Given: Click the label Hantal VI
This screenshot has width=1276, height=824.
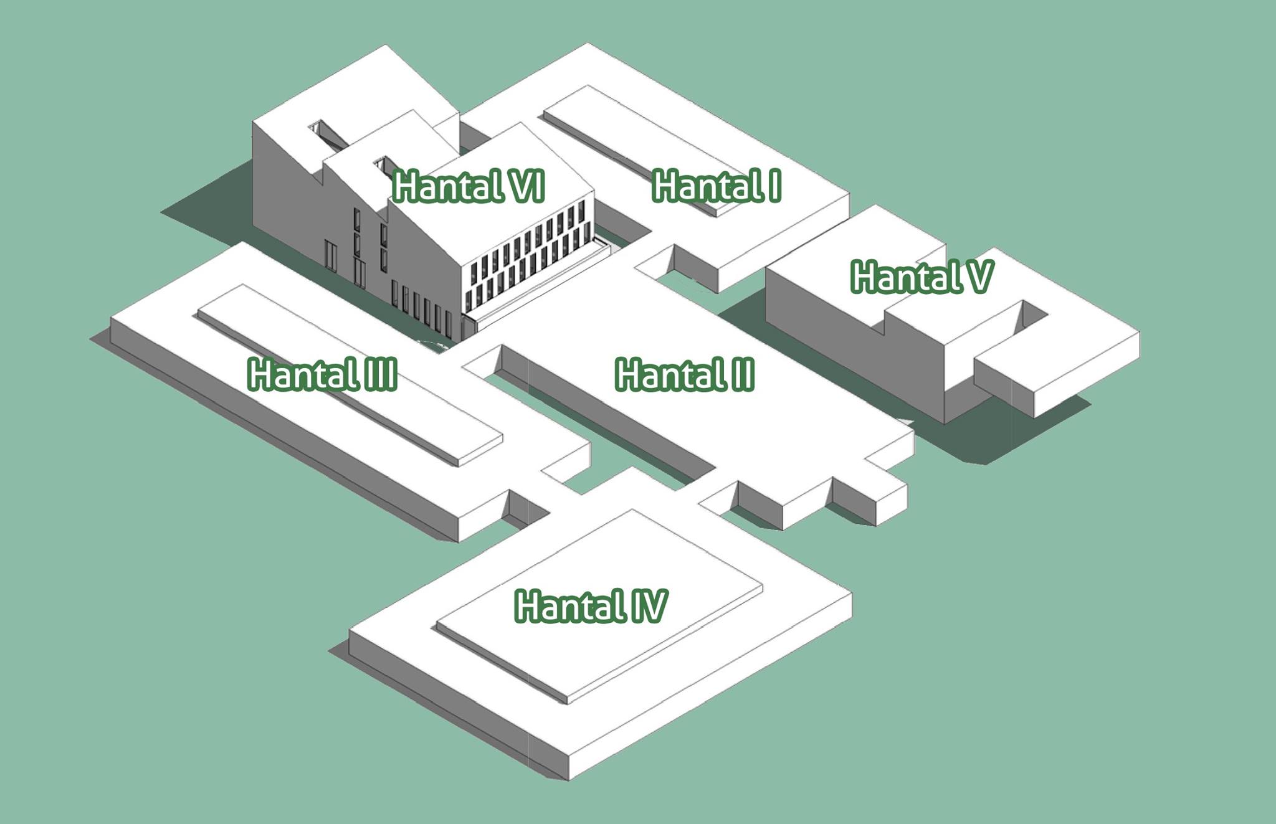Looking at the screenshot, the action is point(469,186).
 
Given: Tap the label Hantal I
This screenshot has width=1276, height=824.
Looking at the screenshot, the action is point(717,186).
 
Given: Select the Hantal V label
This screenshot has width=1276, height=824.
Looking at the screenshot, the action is point(922,277).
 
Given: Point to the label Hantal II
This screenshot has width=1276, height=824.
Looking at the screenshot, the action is point(685,375).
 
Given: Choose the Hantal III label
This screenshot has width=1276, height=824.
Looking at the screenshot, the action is point(322,375).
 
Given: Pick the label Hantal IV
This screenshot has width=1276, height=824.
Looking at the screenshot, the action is point(591,607).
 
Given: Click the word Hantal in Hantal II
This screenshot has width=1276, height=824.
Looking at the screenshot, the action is point(667,375).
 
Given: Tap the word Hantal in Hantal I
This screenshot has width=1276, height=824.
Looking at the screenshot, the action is point(705,186).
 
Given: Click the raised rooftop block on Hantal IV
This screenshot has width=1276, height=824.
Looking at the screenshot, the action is point(599,605).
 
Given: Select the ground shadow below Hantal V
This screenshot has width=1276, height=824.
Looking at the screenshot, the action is point(1009,430).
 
